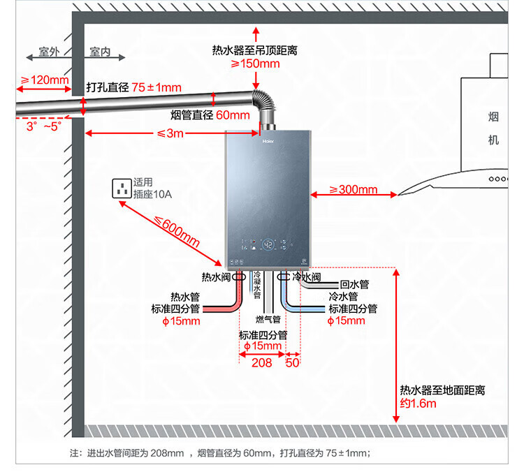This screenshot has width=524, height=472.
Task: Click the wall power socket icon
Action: pos(123,189)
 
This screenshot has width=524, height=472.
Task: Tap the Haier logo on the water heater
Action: pos(268,139)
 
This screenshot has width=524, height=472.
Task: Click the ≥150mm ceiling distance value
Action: pos(255,64)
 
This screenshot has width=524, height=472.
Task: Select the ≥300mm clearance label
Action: pos(353,189)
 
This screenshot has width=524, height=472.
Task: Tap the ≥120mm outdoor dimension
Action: pos(44,80)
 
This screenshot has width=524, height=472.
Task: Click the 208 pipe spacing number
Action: pos(261,362)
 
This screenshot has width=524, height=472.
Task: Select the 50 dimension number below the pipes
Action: pos(292,362)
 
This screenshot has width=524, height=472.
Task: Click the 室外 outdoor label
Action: pos(48,52)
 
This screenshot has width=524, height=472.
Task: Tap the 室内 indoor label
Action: pos(101,52)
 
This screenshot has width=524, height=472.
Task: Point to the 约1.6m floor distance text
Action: pos(418,404)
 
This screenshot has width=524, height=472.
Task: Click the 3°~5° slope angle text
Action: pos(44,126)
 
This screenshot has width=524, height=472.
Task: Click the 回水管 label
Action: pos(354,285)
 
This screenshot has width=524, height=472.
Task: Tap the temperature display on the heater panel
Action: pos(268,245)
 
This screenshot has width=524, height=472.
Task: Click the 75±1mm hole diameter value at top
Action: pos(157,88)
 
